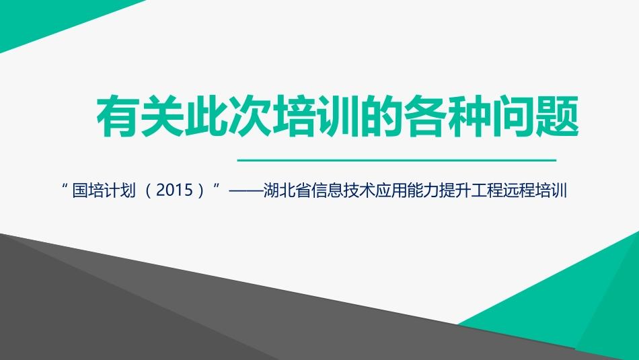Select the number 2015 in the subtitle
click(175, 191)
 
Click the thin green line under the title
click(398, 161)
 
